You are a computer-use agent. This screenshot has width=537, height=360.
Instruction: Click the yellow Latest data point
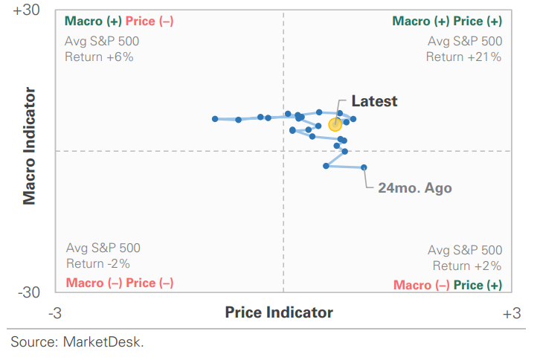pos(335,124)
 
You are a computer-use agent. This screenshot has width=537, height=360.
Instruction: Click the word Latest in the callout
pos(374,102)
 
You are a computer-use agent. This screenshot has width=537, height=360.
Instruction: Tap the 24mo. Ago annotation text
pos(414,188)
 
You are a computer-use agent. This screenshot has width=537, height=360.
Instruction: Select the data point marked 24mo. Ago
pos(364,167)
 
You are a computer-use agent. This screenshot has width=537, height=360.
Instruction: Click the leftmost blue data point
pos(215,119)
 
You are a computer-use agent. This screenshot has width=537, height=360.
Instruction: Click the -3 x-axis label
pos(54,313)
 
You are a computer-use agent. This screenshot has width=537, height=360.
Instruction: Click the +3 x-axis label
pos(511,313)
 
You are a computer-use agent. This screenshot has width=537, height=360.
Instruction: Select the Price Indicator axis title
pos(279,312)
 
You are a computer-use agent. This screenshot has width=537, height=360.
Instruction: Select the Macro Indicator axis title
pos(30,147)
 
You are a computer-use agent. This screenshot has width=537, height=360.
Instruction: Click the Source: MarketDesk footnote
pos(77,342)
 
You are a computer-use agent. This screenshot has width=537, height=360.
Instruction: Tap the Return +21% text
pos(463,57)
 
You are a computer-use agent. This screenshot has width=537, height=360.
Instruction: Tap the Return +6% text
pos(99,57)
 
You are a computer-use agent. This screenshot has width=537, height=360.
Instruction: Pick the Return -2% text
pos(98,263)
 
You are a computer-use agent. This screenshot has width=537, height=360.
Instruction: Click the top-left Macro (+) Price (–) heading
pos(119,22)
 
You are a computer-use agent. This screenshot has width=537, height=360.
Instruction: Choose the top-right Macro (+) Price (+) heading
pos(447,22)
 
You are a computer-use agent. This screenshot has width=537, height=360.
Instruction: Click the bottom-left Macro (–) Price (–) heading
pos(120,283)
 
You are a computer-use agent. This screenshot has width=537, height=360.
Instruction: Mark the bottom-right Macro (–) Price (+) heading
pos(448,285)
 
